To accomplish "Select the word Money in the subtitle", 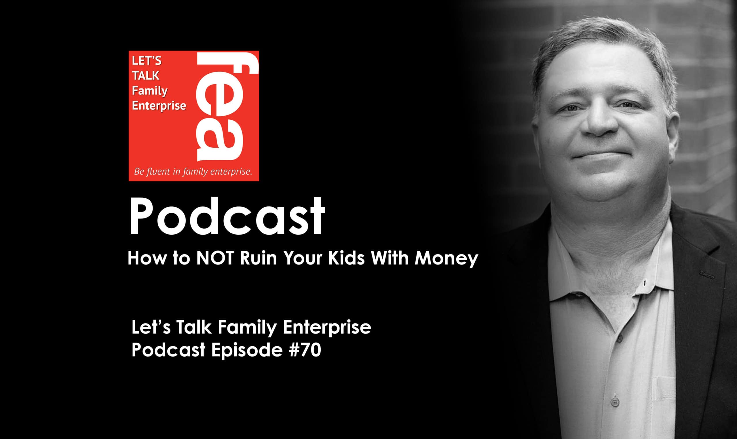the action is (446, 259).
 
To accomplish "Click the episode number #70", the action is (305, 350).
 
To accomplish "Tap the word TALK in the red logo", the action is (145, 76).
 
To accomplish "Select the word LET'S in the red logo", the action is (147, 61).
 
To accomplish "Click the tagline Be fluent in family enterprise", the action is (193, 172).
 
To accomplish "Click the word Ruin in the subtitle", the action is (258, 258).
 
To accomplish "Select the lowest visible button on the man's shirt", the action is (615, 402).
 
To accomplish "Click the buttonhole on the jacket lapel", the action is (707, 275).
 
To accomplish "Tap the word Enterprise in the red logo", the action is (159, 106).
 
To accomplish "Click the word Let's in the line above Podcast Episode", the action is (151, 327).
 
